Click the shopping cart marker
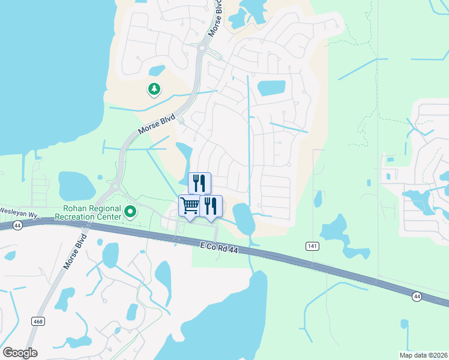190,206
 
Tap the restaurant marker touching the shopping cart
211,206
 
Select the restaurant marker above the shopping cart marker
199,183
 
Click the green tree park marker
154,89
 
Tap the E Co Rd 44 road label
223,247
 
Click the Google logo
20,352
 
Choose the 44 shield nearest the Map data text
416,296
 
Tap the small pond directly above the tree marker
156,71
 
